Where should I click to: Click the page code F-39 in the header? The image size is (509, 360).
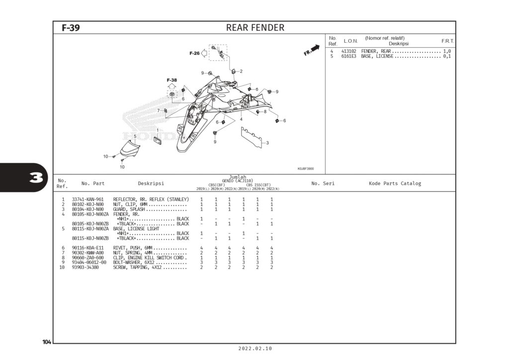[71, 28]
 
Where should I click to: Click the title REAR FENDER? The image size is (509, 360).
[255, 28]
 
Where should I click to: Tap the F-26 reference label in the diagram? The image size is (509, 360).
[194, 53]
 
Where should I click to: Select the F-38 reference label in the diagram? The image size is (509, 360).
[171, 80]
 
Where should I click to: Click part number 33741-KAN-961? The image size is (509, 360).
[87, 199]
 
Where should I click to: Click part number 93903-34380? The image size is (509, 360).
[85, 268]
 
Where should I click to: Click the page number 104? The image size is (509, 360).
[47, 342]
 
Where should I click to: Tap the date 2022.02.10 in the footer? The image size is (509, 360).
[255, 349]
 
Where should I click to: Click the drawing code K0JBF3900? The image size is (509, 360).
[305, 169]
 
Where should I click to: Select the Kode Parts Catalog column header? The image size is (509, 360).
[395, 183]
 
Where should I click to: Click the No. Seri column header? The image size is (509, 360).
[323, 183]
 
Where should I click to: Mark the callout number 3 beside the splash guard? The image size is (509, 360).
[267, 143]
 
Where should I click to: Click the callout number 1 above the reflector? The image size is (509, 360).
[158, 131]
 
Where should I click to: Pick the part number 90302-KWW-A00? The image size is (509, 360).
[87, 253]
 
